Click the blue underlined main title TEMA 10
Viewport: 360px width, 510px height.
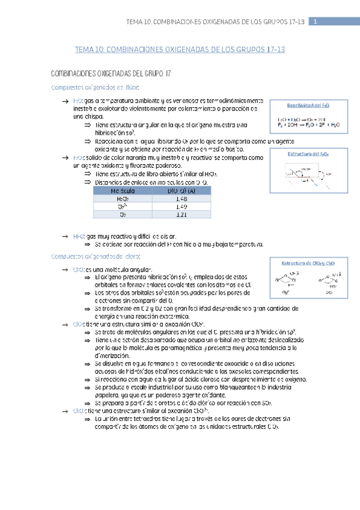click(x=178, y=50)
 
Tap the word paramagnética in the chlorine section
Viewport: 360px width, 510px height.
click(x=182, y=348)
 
